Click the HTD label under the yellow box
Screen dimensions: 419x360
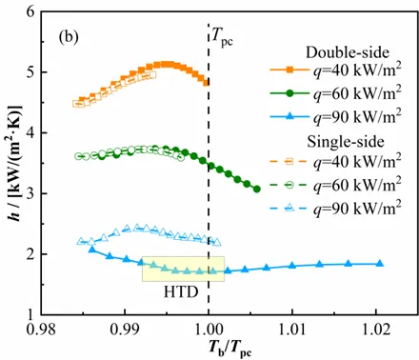tap(181, 291)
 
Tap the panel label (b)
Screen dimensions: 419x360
tap(69, 37)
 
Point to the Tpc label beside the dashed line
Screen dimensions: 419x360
tap(222, 38)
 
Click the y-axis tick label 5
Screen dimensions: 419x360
tap(32, 72)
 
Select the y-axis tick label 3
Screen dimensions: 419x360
tap(32, 193)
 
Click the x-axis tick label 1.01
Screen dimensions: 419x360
tap(292, 330)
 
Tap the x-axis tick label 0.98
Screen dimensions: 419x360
tap(41, 330)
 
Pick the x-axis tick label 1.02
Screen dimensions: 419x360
tap(376, 330)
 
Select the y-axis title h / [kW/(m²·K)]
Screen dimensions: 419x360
tap(15, 163)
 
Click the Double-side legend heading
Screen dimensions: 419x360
tap(348, 52)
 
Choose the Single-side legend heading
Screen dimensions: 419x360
tap(346, 142)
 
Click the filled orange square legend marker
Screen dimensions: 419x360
tap(289, 70)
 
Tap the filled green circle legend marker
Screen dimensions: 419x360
tap(289, 93)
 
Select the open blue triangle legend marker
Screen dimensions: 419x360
tap(289, 209)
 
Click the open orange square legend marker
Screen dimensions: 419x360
tap(289, 162)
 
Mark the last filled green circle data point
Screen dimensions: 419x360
tap(257, 190)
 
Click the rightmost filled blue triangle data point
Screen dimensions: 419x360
tap(380, 264)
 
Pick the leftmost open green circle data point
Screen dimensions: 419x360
tap(78, 156)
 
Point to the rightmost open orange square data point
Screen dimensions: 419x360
tap(153, 75)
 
